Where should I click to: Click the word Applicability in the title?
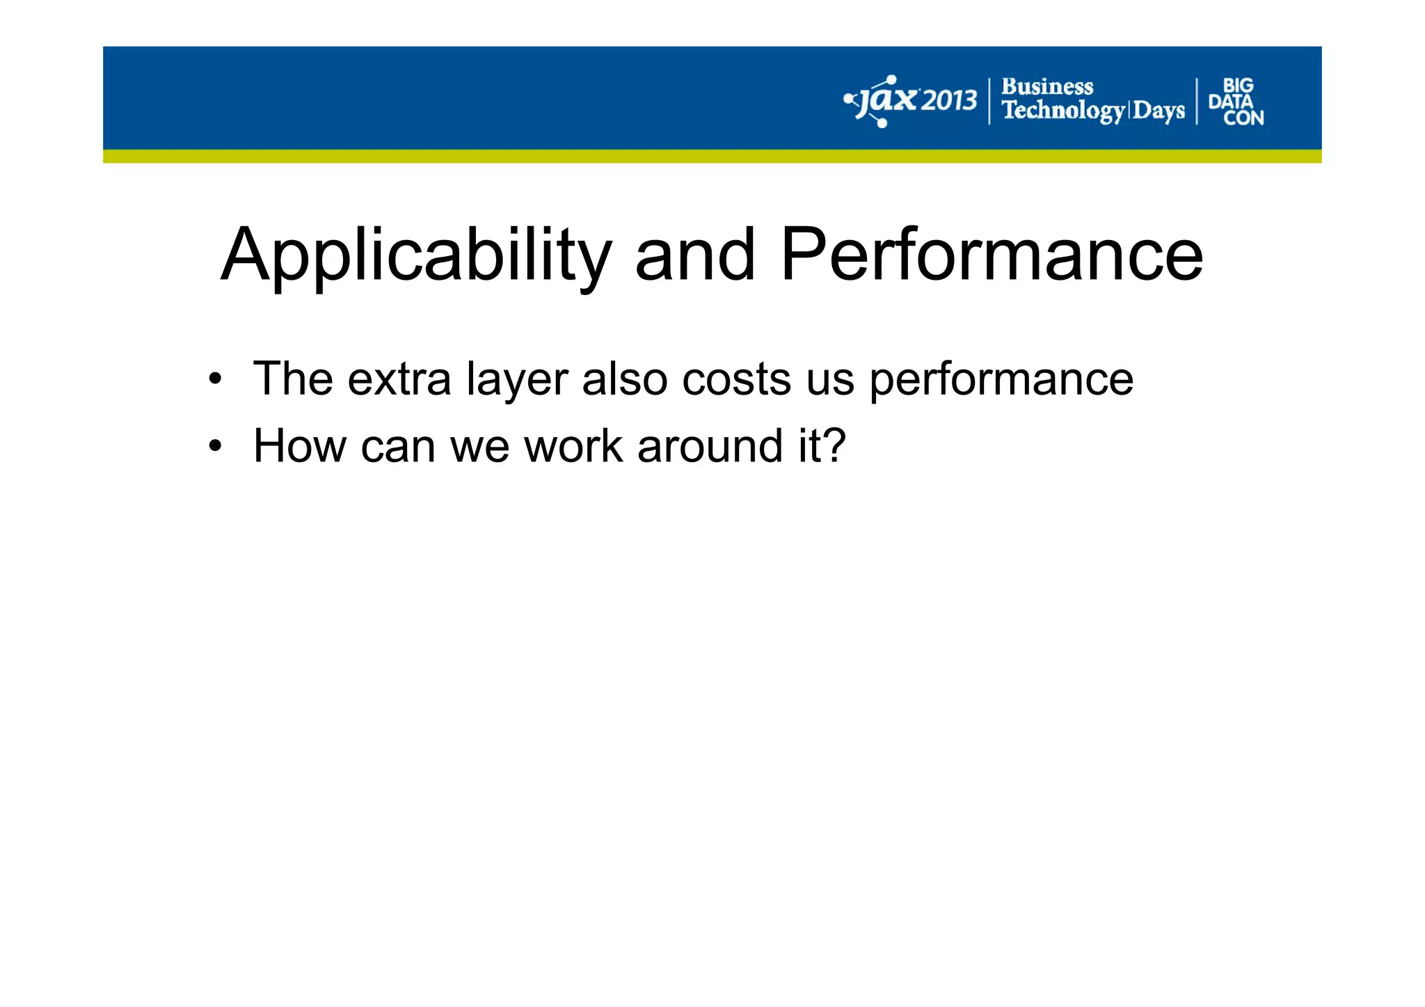click(x=415, y=256)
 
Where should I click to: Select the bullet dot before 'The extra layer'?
click(x=216, y=380)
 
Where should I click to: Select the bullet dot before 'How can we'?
click(x=216, y=447)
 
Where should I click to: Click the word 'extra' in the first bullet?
click(x=399, y=380)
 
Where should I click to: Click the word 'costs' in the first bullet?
click(x=736, y=380)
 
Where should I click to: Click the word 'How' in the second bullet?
click(x=299, y=446)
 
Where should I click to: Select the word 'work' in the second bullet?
click(x=573, y=446)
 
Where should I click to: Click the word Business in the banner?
click(x=1046, y=87)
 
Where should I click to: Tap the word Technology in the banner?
click(x=1062, y=111)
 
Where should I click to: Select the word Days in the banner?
click(x=1158, y=111)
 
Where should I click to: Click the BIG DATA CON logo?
click(x=1236, y=102)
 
